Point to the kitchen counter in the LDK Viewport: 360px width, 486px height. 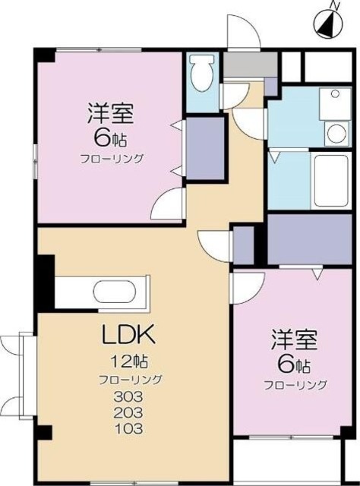103,292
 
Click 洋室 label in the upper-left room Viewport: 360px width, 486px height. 112,114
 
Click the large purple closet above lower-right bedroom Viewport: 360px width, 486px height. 308,238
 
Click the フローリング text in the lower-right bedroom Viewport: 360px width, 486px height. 295,385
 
